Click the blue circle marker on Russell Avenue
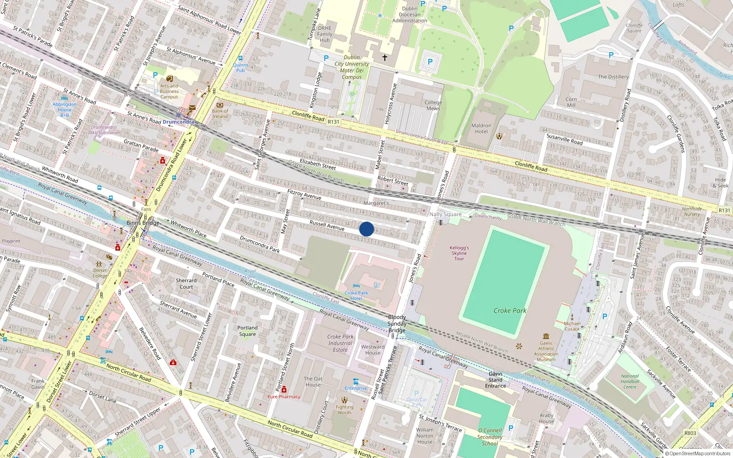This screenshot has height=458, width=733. click(366, 229)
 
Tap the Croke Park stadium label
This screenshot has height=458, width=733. click(510, 311)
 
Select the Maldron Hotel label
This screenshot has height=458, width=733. click(481, 128)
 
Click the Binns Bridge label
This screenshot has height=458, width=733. click(143, 223)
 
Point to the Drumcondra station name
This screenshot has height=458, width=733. click(178, 122)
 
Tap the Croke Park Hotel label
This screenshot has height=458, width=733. click(356, 295)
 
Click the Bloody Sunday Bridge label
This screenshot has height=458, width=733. click(397, 323)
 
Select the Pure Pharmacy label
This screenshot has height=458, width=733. click(284, 397)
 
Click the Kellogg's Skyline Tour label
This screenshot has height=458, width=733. click(459, 253)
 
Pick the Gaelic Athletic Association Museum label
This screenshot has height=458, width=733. click(546, 351)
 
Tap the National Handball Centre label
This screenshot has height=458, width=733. click(630, 381)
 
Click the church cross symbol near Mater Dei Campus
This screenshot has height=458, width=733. click(385, 58)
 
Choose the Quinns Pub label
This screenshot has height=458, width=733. click(241, 67)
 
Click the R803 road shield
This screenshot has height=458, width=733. click(690, 433)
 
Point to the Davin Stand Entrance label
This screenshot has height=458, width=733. click(496, 380)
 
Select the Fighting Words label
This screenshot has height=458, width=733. click(345, 409)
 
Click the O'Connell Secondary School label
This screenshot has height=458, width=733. click(490, 437)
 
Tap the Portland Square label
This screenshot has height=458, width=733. click(247, 331)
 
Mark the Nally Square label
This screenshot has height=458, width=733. click(445, 214)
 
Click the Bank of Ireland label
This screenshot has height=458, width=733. click(220, 114)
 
